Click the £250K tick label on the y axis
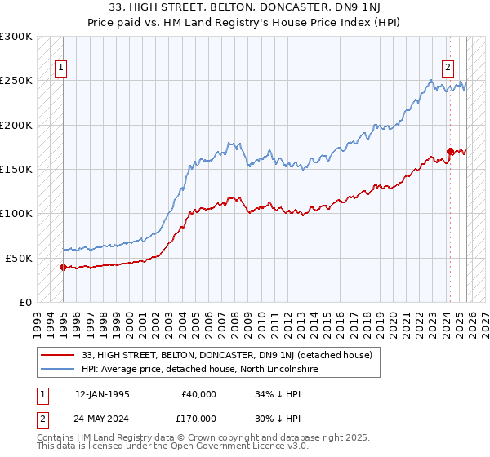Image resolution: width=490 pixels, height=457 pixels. (16, 81)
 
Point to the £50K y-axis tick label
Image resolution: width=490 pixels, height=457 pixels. (19, 258)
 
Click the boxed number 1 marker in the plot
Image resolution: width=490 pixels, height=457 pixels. (62, 69)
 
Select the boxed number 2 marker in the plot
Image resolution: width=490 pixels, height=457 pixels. (448, 69)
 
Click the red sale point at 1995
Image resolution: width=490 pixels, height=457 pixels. (63, 267)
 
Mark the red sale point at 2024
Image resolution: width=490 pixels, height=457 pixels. (450, 151)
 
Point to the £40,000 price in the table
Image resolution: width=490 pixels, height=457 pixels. (200, 394)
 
